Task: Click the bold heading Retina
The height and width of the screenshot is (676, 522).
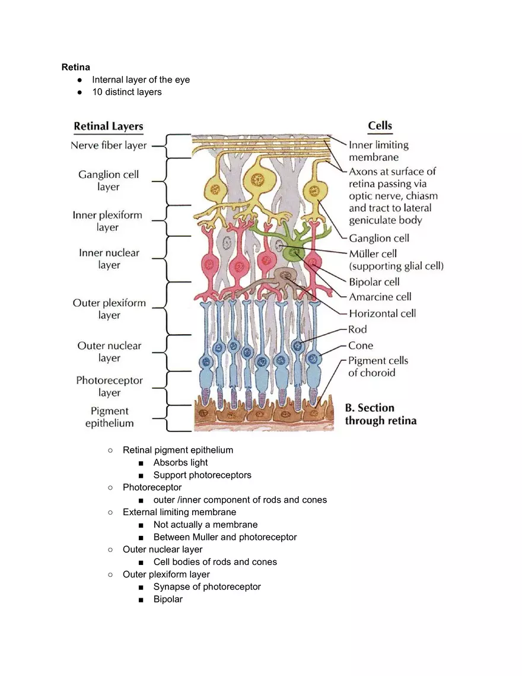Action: pyautogui.click(x=76, y=67)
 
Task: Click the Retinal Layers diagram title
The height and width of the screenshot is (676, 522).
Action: pyautogui.click(x=108, y=126)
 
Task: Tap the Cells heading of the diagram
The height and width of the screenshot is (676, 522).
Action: pyautogui.click(x=380, y=125)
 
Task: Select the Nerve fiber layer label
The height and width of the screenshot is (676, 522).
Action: pyautogui.click(x=109, y=145)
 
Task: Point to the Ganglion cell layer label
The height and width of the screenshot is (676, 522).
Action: pyautogui.click(x=109, y=180)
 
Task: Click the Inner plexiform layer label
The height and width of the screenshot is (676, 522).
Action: pyautogui.click(x=107, y=221)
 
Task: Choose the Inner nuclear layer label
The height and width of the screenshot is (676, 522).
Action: pyautogui.click(x=109, y=259)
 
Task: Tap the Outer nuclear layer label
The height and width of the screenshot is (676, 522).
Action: pyautogui.click(x=109, y=351)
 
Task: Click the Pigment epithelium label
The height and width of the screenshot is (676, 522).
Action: pyautogui.click(x=109, y=417)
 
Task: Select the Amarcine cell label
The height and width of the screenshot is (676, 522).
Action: pyautogui.click(x=380, y=297)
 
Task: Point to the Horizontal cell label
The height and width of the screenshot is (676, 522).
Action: pyautogui.click(x=382, y=313)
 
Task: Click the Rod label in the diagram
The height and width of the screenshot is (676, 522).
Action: pyautogui.click(x=358, y=329)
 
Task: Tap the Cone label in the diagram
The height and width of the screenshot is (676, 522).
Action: pyautogui.click(x=361, y=345)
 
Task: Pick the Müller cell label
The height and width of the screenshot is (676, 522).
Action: pyautogui.click(x=373, y=254)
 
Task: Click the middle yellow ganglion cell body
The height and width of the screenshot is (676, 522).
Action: pyautogui.click(x=257, y=177)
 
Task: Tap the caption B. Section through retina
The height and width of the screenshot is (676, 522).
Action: pyautogui.click(x=380, y=414)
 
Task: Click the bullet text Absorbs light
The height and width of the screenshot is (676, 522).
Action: pyautogui.click(x=180, y=462)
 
